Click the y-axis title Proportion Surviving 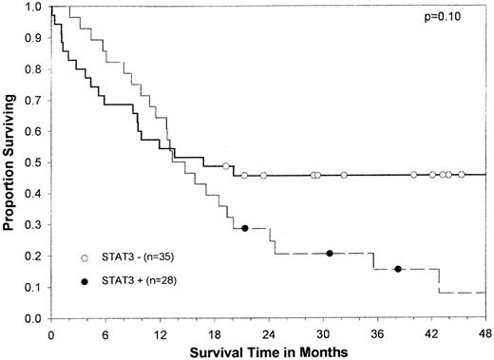point(11,161)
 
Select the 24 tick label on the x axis point(269,333)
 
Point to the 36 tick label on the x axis point(377,333)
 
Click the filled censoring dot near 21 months point(245,229)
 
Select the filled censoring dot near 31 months point(330,253)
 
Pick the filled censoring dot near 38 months point(397,269)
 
